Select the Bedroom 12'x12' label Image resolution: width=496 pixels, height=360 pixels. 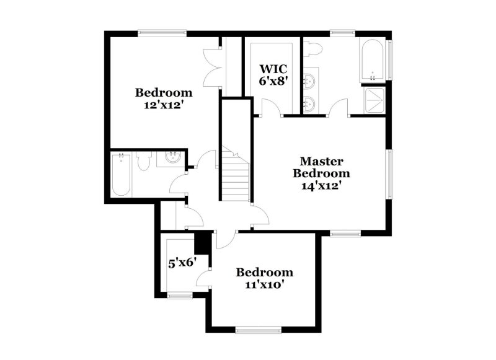tap(164, 99)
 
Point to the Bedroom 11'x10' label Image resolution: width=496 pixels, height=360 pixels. tap(265, 278)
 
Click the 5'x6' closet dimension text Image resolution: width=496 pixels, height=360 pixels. tap(182, 262)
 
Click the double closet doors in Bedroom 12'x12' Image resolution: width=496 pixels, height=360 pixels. tap(213, 65)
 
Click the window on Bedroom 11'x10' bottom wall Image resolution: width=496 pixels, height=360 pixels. tap(257, 329)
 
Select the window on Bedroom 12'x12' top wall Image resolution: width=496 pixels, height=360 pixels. tap(162, 33)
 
